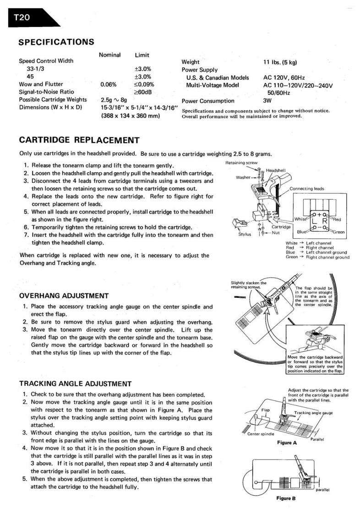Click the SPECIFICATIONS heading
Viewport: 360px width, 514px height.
[x=56, y=42]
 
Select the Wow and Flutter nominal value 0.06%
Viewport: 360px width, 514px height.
[x=109, y=84]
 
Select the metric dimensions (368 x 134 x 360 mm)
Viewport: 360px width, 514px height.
[x=130, y=115]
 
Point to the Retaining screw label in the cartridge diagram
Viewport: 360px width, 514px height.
[x=241, y=163]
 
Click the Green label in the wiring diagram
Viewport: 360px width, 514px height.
[x=339, y=232]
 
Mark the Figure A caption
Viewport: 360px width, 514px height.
[x=287, y=443]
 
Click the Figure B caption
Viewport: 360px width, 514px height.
[x=287, y=498]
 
